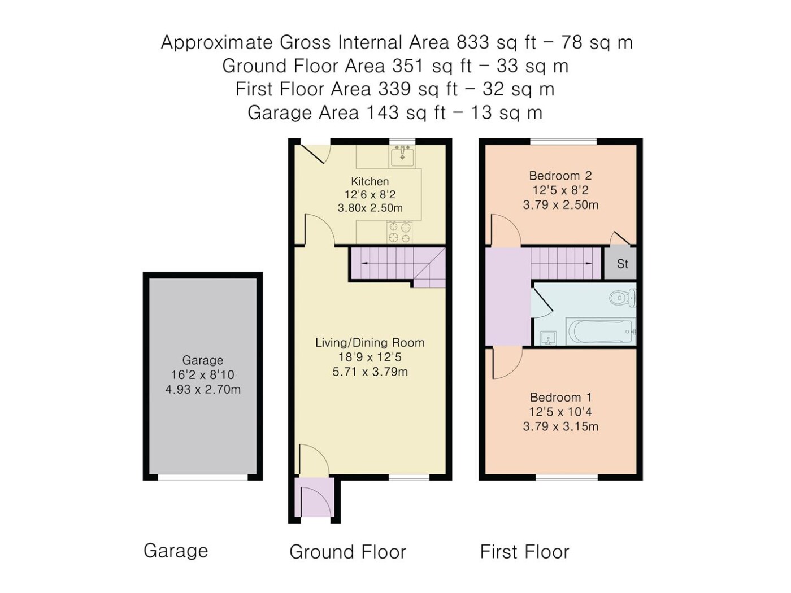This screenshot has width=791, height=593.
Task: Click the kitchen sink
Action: pyautogui.click(x=402, y=156)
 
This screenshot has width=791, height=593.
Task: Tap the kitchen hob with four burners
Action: pyautogui.click(x=399, y=232)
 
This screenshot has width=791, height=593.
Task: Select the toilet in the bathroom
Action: pyautogui.click(x=622, y=298)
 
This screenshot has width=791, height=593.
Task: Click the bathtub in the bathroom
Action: pyautogui.click(x=601, y=332)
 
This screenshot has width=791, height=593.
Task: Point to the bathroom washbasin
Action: pyautogui.click(x=548, y=338)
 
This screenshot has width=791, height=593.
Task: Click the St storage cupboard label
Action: pyautogui.click(x=622, y=264)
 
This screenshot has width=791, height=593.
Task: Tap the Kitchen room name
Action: pyautogui.click(x=370, y=181)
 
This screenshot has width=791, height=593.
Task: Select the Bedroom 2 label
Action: pyautogui.click(x=560, y=176)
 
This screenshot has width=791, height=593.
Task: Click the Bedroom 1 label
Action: pyautogui.click(x=560, y=398)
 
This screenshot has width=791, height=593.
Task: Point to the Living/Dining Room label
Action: pyautogui.click(x=370, y=342)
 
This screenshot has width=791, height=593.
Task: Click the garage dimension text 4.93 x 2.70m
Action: pyautogui.click(x=203, y=390)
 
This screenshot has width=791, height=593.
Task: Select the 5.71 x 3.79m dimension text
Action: pyautogui.click(x=370, y=372)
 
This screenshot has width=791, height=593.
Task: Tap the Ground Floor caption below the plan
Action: pyautogui.click(x=347, y=552)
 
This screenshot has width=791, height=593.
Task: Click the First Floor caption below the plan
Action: pyautogui.click(x=524, y=552)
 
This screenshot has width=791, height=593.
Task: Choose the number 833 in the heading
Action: pyautogui.click(x=473, y=42)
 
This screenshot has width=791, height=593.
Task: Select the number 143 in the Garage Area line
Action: pyautogui.click(x=383, y=113)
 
